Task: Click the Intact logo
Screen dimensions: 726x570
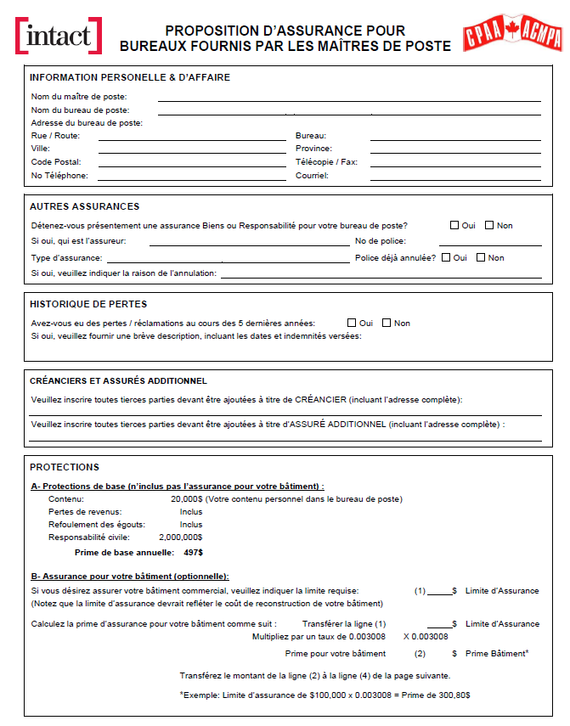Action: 59,36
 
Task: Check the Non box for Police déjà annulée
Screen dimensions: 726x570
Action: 481,257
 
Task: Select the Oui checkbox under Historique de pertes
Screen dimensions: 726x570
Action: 352,323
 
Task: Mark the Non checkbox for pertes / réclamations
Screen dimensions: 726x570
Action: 387,323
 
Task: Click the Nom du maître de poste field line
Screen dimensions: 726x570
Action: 348,98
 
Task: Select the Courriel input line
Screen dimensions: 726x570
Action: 455,176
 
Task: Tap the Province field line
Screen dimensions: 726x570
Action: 455,149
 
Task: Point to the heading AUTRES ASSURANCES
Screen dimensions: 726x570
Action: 84,206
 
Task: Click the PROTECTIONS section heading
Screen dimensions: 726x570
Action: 65,467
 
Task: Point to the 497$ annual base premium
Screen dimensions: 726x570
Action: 194,553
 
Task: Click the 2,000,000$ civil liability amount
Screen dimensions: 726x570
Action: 181,537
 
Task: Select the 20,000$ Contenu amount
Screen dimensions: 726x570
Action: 186,499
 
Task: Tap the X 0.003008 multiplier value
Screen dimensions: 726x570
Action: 426,636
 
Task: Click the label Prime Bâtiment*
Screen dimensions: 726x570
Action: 497,653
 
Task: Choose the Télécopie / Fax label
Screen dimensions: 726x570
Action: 326,162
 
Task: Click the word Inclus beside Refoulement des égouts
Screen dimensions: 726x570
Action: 191,525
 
